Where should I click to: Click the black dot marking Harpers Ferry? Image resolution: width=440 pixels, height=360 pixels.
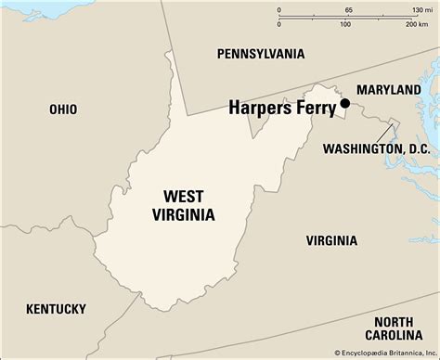[344, 103]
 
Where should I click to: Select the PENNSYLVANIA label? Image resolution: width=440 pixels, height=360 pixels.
[259, 55]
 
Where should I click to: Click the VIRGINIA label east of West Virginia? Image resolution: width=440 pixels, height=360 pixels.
[331, 240]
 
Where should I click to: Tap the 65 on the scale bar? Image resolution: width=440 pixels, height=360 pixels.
[347, 9]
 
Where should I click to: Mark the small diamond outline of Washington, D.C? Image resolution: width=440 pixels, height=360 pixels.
[392, 124]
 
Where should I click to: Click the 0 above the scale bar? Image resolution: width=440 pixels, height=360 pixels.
[279, 9]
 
